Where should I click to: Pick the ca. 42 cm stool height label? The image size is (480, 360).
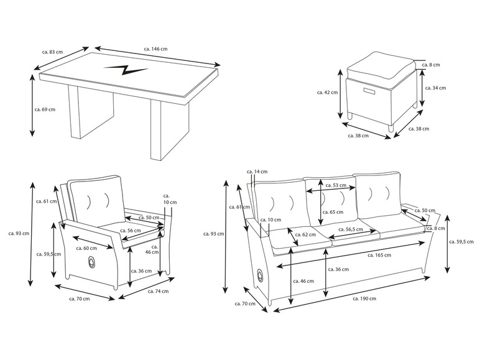click(327, 93)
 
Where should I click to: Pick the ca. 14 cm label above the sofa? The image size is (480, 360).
click(257, 171)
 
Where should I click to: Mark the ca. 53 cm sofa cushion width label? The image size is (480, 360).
click(339, 185)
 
